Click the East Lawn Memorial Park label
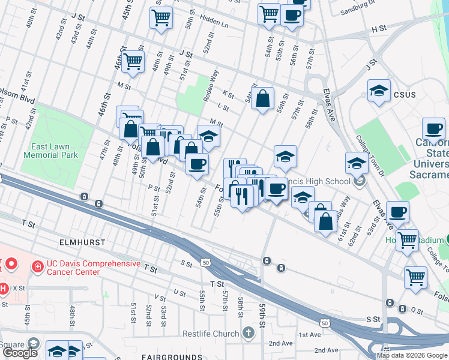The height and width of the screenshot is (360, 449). (x=51, y=151)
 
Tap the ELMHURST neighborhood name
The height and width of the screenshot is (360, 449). (x=82, y=242)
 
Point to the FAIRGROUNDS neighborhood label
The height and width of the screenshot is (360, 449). (x=170, y=357)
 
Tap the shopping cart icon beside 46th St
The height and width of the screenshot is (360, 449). (x=133, y=61)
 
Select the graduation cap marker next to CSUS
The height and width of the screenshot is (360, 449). (x=378, y=91)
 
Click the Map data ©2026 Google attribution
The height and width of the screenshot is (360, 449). (x=412, y=355)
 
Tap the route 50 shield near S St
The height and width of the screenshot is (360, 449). (x=206, y=263)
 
